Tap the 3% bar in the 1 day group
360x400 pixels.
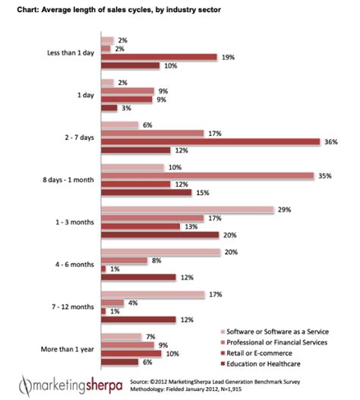tap(108, 108)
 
